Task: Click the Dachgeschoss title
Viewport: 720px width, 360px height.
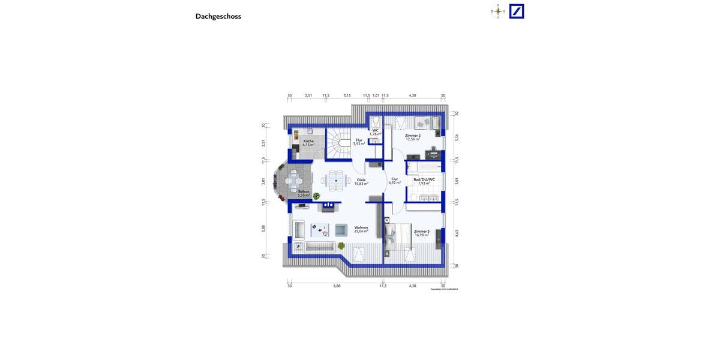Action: [218, 16]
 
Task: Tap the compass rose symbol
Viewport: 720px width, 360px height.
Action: [498, 11]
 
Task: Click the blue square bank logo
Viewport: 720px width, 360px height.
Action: [517, 11]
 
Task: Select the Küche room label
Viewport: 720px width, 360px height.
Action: [308, 143]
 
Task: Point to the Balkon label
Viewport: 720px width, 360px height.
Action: [304, 193]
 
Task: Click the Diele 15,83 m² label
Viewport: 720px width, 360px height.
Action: [361, 182]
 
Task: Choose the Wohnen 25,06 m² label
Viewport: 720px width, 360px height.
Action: [361, 229]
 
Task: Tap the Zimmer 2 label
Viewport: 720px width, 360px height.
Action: [413, 137]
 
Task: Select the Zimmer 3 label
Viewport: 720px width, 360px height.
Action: [422, 233]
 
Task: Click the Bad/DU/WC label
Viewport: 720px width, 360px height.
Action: [424, 181]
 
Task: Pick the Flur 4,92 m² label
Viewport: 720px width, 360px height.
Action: [394, 181]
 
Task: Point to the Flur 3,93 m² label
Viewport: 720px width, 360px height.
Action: [359, 142]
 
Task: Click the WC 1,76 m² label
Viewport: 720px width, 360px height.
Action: [376, 132]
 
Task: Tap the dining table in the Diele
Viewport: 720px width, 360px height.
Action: [336, 179]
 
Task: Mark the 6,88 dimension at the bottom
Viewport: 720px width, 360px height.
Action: [337, 286]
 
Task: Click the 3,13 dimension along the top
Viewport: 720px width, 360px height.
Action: [347, 95]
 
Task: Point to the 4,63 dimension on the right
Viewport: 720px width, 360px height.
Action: [457, 233]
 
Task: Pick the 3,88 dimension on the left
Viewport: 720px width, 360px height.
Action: [263, 228]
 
